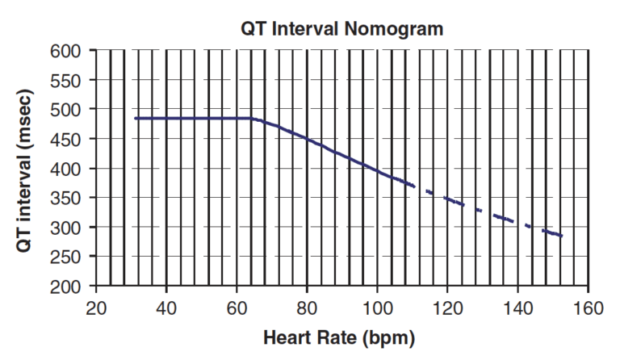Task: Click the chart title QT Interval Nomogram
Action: point(341,29)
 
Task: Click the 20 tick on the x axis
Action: point(96,307)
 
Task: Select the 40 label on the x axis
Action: point(166,307)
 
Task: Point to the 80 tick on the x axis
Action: point(307,307)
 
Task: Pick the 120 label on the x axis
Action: point(447,307)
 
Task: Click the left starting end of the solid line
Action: point(136,119)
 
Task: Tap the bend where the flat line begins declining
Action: point(253,119)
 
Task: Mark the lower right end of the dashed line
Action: point(562,237)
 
